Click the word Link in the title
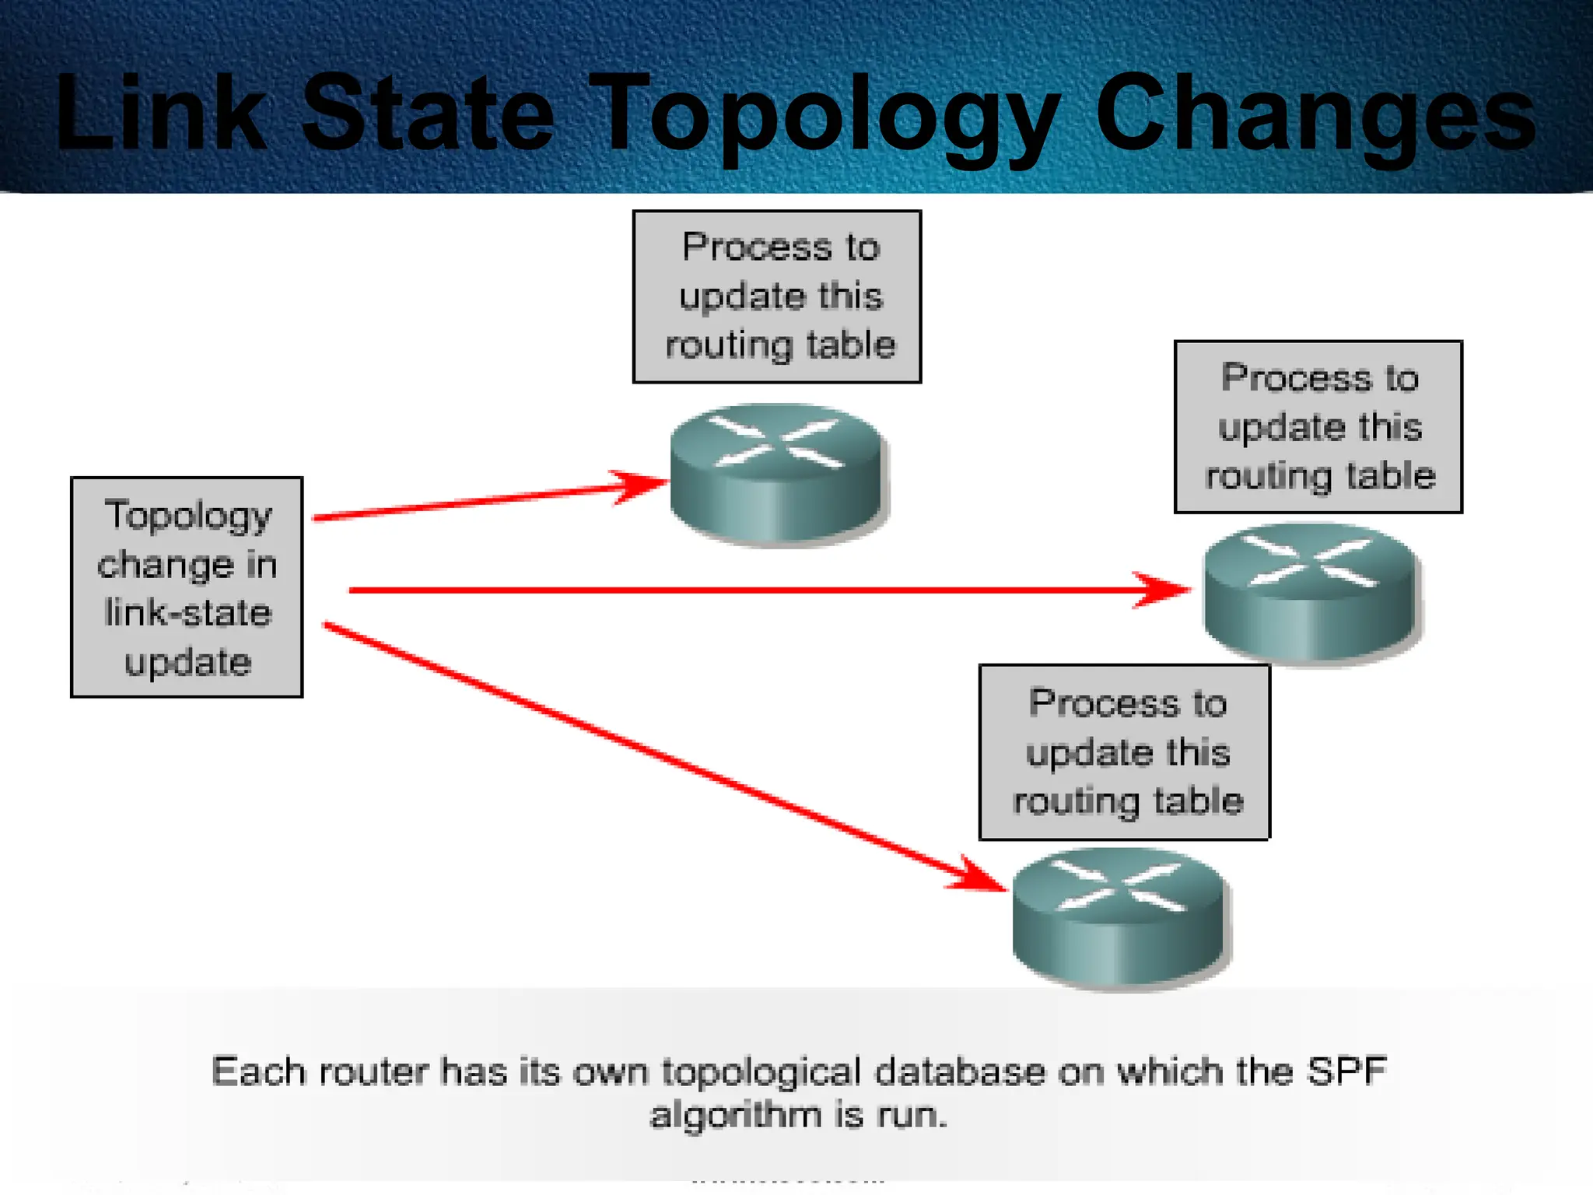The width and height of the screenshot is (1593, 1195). pos(159,113)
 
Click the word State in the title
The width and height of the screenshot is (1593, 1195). pos(428,113)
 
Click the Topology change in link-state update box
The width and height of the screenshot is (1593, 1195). pos(187,587)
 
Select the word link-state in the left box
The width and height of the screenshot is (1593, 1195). pos(188,613)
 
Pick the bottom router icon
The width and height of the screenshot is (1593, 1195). pos(1119,918)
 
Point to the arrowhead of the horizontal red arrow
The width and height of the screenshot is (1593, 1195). pos(1163,590)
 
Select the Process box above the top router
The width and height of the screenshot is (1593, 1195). pos(777,296)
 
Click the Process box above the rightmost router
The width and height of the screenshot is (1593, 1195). pos(1318,426)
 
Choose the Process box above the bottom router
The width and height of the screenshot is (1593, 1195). pos(1125,752)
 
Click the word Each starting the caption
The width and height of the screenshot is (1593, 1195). pos(258,1071)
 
